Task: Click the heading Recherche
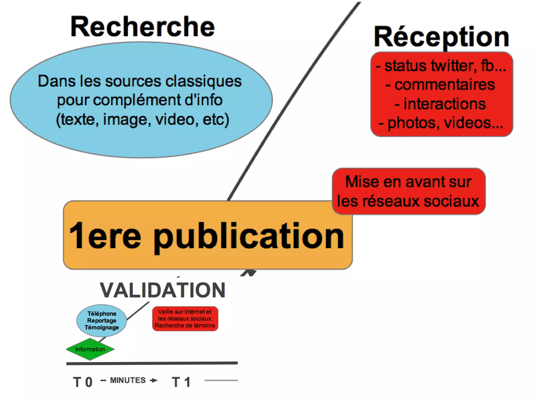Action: pos(143,27)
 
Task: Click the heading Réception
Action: pos(442,37)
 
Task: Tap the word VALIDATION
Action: pos(163,290)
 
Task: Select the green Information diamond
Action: pos(90,349)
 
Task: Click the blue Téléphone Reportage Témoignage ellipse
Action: pos(101,320)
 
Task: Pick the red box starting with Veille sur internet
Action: pos(185,318)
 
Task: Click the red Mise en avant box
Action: pos(408,191)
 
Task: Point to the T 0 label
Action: pos(83,382)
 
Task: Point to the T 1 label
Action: pos(181,382)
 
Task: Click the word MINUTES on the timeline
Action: pos(128,380)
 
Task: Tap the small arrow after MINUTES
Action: pos(154,380)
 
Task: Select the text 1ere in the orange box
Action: pos(105,236)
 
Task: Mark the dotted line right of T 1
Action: pos(221,380)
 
